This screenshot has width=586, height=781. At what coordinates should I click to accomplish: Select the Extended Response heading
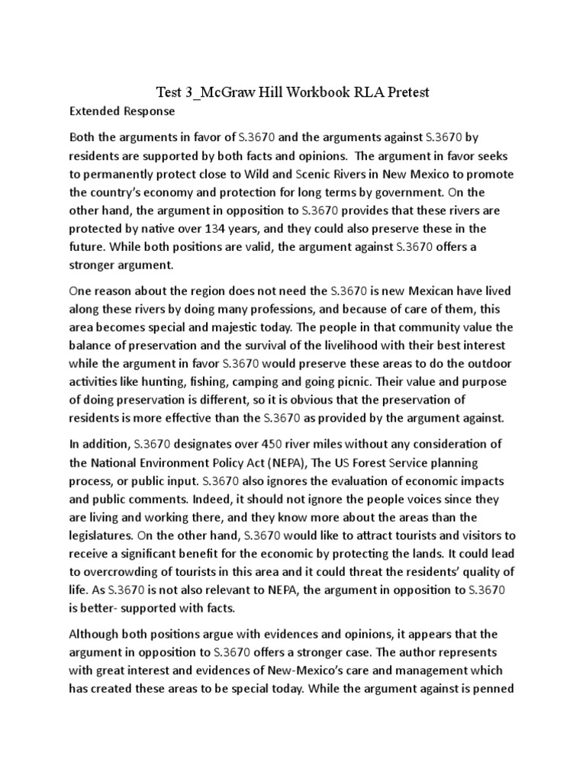tap(122, 112)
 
